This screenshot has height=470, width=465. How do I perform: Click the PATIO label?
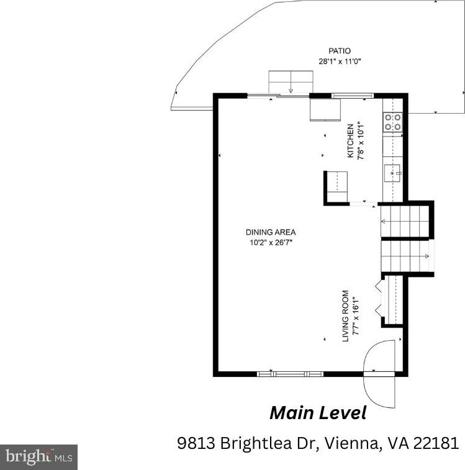tap(340, 51)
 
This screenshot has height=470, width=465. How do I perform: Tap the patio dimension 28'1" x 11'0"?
tap(340, 61)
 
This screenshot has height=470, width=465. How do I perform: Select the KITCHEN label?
tap(350, 140)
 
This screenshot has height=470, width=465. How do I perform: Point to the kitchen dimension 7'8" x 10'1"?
tap(361, 140)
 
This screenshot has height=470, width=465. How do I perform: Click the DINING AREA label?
tap(271, 232)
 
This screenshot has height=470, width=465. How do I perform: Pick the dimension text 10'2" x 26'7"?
tap(271, 243)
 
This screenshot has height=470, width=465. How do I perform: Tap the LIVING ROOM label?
tap(345, 316)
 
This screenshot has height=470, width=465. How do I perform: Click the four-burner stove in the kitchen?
tap(393, 122)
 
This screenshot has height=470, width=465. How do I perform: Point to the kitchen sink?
tap(393, 173)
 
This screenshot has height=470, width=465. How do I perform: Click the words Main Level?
tap(318, 413)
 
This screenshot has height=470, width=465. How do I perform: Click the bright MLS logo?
tap(38, 457)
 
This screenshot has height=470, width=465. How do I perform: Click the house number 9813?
tap(196, 443)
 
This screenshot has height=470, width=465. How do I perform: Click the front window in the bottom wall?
tap(290, 374)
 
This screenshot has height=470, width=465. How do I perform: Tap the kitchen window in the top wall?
tap(353, 96)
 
